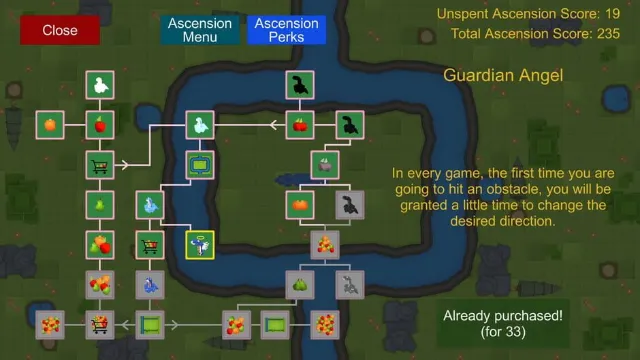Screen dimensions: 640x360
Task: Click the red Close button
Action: (60, 30)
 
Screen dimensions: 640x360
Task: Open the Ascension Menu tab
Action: (200, 30)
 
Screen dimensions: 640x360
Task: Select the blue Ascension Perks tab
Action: (287, 30)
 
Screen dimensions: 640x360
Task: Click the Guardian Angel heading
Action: (503, 76)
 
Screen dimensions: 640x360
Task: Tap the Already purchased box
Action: (503, 323)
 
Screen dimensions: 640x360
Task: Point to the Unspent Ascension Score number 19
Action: (613, 14)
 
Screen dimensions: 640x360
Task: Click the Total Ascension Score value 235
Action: (609, 34)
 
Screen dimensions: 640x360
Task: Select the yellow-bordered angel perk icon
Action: (200, 245)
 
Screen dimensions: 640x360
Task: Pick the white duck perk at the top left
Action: (100, 85)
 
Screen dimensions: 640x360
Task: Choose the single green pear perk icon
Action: (100, 205)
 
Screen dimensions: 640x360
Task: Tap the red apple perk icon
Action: (100, 125)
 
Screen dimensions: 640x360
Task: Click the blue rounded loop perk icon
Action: (200, 165)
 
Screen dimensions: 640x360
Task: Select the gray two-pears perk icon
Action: (300, 285)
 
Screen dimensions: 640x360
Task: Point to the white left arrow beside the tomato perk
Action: (277, 125)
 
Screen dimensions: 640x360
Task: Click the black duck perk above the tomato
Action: (300, 85)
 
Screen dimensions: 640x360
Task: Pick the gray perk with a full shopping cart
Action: (100, 325)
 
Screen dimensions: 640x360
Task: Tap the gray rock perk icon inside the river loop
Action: (325, 165)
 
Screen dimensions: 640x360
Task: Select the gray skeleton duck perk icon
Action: (350, 285)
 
